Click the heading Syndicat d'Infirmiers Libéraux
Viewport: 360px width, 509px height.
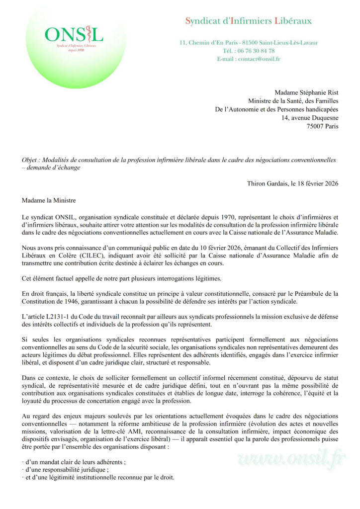tap(248, 21)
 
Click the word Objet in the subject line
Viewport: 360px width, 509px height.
tap(29, 160)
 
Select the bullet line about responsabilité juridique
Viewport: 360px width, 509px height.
tap(66, 470)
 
